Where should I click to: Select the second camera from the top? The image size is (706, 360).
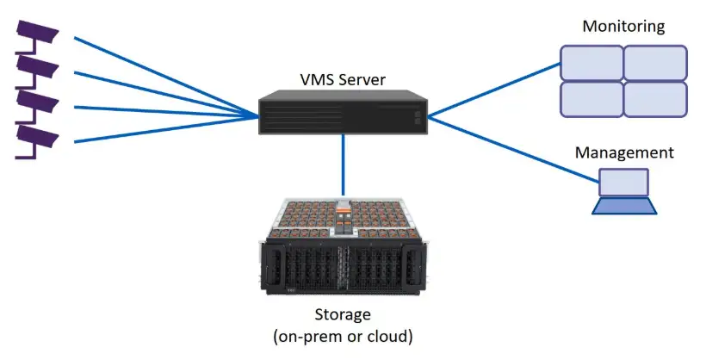[37, 66]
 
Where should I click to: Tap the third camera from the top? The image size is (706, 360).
[37, 102]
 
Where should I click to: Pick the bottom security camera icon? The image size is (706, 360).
[37, 137]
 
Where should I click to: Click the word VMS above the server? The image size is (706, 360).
[317, 80]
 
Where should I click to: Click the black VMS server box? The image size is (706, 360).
[343, 112]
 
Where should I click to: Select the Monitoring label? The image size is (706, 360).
[623, 26]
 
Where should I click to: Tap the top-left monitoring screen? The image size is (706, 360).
[591, 63]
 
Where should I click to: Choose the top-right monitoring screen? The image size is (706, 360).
[655, 63]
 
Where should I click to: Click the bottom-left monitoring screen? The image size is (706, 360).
[591, 99]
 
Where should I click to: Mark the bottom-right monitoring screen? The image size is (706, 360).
[655, 99]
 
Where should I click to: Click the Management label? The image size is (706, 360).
[624, 152]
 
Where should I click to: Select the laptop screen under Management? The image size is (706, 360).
[624, 183]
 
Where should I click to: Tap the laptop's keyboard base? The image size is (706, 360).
[624, 206]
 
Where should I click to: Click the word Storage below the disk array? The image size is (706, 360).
[343, 314]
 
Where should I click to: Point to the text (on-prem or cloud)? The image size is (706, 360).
[343, 336]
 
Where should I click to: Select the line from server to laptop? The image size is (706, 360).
[513, 149]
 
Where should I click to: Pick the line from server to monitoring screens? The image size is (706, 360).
[494, 90]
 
